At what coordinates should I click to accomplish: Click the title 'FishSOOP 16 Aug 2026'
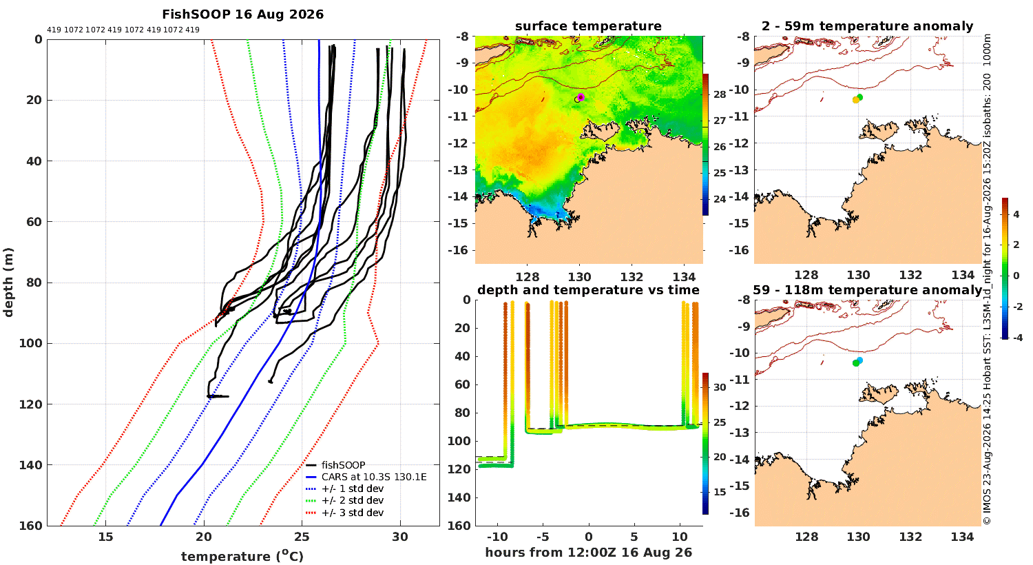point(242,14)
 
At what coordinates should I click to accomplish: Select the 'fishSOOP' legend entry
point(343,465)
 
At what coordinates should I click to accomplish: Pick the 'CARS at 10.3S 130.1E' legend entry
point(374,476)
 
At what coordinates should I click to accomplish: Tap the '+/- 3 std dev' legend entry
point(353,513)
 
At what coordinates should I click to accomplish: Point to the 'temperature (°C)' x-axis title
point(242,556)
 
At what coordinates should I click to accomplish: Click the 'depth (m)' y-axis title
point(8,282)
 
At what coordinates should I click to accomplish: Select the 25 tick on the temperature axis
point(302,537)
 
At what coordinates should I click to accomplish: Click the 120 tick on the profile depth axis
point(30,404)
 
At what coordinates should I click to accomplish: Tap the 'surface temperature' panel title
point(588,25)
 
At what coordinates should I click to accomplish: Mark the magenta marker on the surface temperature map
point(581,97)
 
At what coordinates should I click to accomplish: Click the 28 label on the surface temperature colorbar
point(720,94)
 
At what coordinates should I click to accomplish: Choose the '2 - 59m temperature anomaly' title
point(868,26)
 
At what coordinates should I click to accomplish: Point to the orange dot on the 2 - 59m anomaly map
point(855,100)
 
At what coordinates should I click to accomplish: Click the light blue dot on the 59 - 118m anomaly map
point(859,360)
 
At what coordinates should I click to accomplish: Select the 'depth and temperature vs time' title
point(588,289)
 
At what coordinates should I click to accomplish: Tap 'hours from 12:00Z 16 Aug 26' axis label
point(588,552)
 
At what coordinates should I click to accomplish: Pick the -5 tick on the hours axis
point(543,537)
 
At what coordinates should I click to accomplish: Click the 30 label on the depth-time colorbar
point(720,387)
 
